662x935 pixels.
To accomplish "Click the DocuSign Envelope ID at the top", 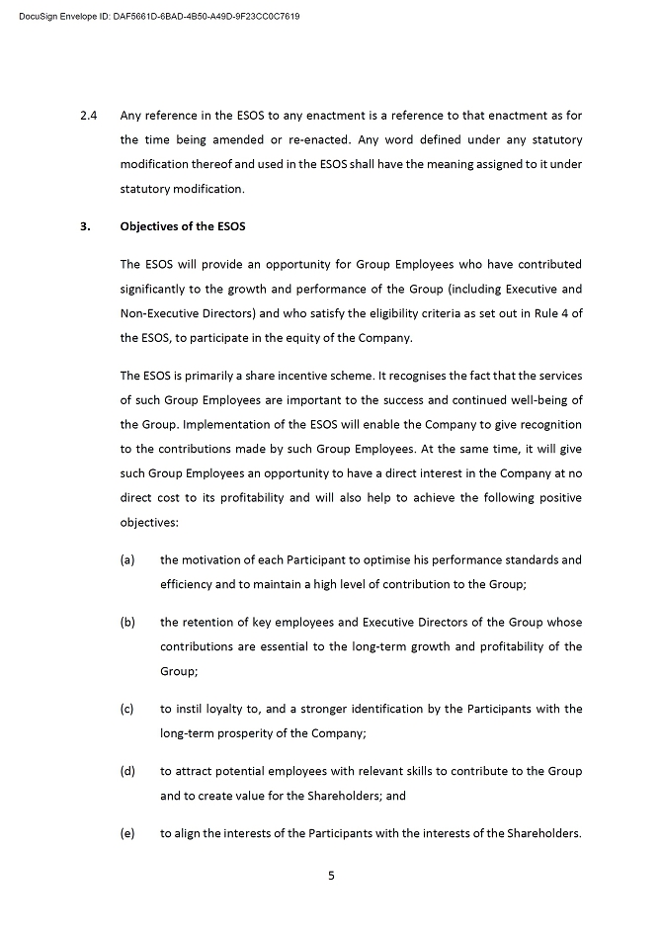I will pyautogui.click(x=159, y=17).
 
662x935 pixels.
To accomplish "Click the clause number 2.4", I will pyautogui.click(x=88, y=115).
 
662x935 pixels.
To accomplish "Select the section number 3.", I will pyautogui.click(x=85, y=226).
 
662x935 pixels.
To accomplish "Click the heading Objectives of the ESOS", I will pyautogui.click(x=183, y=226).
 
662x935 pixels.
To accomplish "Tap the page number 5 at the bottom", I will pyautogui.click(x=331, y=874).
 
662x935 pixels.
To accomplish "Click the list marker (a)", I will pyautogui.click(x=127, y=560).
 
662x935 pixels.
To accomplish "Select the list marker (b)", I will pyautogui.click(x=127, y=623).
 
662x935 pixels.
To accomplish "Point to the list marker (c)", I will pyautogui.click(x=127, y=710).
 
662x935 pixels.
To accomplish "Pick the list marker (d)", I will pyautogui.click(x=127, y=771).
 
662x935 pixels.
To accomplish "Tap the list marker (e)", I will pyautogui.click(x=127, y=834).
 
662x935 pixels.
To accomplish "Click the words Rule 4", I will pyautogui.click(x=553, y=313).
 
